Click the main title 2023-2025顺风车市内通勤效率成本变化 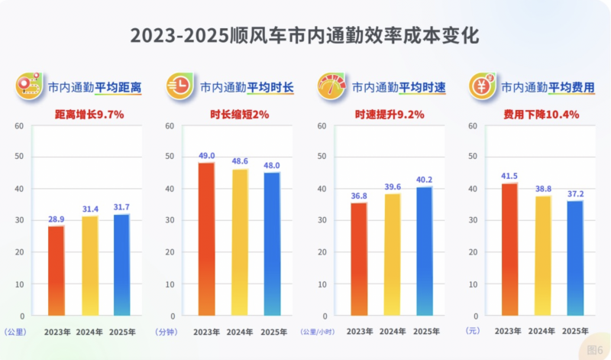(x=305, y=35)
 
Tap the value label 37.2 (x=575, y=193)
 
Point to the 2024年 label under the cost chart (x=542, y=332)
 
